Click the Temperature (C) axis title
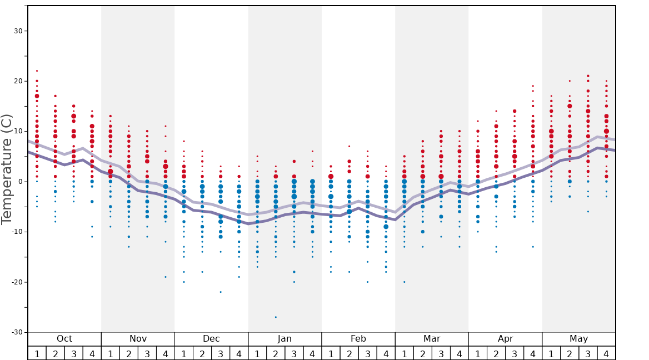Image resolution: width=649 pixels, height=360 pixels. tap(7, 169)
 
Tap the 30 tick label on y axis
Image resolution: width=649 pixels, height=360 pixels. tap(18, 31)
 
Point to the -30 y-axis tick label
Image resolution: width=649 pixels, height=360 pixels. tap(16, 332)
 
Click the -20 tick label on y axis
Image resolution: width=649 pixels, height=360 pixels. tap(16, 282)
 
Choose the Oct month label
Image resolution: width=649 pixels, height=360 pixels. tap(64, 339)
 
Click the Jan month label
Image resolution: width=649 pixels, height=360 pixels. tap(284, 339)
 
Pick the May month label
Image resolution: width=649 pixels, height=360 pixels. tap(578, 339)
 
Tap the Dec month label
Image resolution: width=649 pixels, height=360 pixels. tap(211, 339)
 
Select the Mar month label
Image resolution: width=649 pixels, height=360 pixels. tap(432, 339)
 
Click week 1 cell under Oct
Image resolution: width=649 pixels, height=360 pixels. tap(37, 353)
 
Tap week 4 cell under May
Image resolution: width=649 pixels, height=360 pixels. tap(606, 353)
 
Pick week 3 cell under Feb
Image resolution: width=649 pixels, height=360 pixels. tap(367, 353)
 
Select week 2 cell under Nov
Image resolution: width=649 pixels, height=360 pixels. tap(129, 353)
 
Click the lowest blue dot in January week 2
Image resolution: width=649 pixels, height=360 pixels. tap(276, 317)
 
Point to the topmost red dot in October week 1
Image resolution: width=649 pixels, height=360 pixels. tap(37, 71)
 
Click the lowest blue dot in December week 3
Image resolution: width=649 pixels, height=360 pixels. tap(221, 292)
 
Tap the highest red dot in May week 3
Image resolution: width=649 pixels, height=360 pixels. tap(588, 76)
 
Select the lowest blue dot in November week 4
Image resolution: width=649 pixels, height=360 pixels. tap(166, 277)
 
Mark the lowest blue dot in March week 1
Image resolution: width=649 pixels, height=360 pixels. tap(404, 282)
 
